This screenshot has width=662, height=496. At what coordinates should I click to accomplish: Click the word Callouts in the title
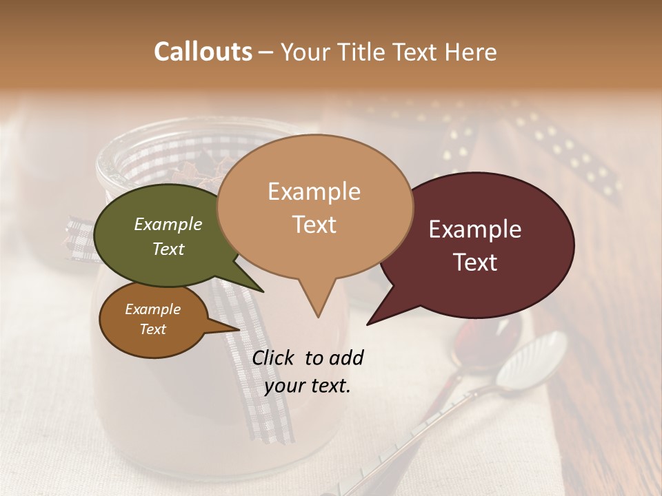pos(203,52)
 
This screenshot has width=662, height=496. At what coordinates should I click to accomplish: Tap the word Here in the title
pos(471,52)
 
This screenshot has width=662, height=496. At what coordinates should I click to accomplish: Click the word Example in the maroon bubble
pos(475,229)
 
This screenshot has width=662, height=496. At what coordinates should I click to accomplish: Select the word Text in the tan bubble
pos(314,225)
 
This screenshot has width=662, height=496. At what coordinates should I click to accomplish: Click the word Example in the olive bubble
pos(168,224)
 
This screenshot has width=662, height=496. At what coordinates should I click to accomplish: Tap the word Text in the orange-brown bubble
pos(153,329)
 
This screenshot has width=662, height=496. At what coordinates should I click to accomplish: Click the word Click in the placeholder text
pos(274,358)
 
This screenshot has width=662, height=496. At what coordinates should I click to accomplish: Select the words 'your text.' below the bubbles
pos(308,386)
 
